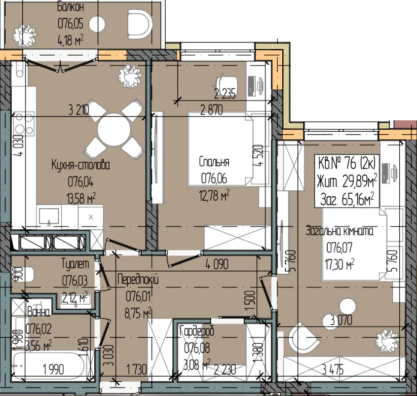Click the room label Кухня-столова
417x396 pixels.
80,165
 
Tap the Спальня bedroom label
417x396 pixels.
214,162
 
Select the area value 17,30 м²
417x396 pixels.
340,264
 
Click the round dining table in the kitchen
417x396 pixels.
114,130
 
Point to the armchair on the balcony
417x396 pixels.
140,24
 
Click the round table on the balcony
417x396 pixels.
97,25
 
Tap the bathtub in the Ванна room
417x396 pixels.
49,365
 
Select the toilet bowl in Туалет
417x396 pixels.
23,274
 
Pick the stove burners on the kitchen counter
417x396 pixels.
23,124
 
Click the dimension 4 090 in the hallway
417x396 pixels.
217,264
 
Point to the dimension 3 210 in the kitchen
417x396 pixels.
79,110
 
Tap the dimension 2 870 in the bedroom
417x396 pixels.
211,110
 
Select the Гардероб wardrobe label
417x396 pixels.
197,331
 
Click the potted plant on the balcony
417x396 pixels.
25,35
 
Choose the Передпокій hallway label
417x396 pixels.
138,280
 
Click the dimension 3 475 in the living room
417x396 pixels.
333,370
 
